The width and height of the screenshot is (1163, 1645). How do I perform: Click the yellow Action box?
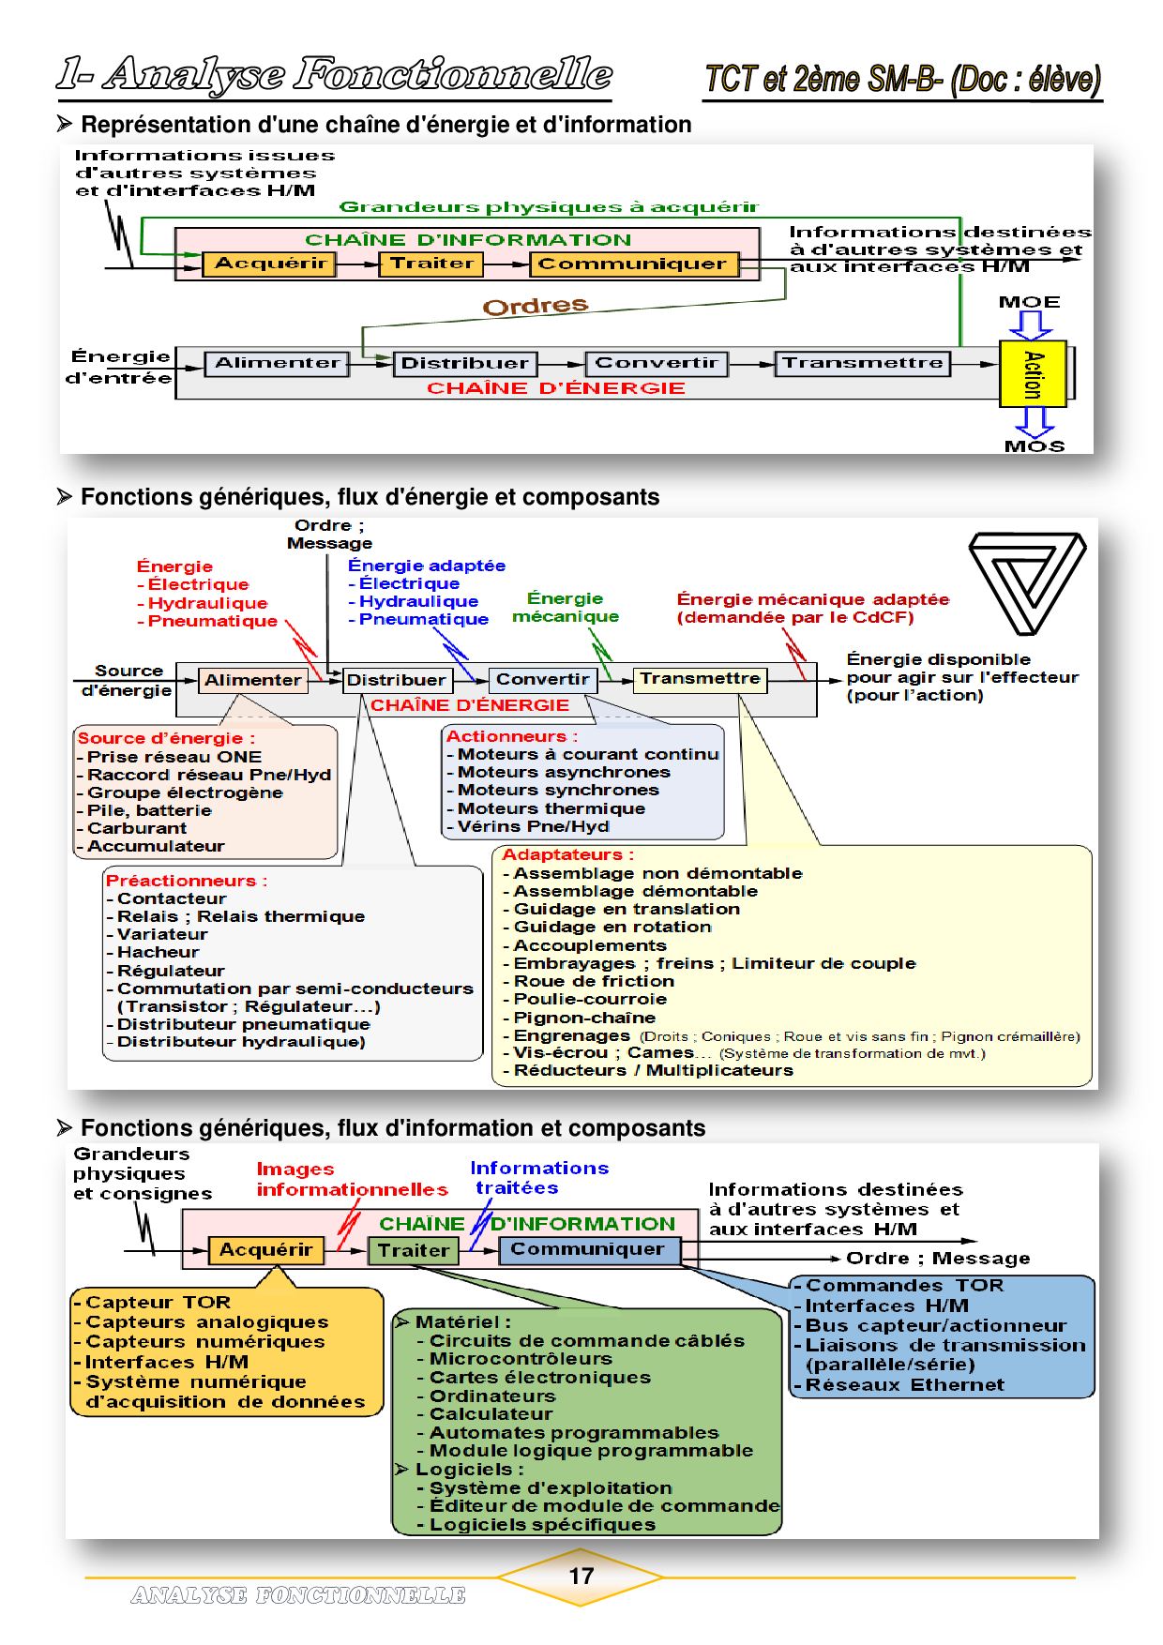[1033, 373]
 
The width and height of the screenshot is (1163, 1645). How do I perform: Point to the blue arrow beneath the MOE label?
[1030, 325]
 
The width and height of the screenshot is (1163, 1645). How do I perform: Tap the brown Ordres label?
[536, 306]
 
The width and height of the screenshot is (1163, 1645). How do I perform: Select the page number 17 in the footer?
[581, 1577]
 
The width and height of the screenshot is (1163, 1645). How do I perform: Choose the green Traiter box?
[413, 1250]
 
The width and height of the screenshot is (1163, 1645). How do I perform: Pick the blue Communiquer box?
[587, 1249]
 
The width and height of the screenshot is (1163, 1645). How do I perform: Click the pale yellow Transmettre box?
[700, 679]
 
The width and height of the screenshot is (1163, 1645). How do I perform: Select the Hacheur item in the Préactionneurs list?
[158, 952]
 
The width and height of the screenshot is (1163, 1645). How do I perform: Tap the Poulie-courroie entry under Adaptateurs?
[590, 999]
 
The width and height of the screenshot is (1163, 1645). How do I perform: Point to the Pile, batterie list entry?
[149, 810]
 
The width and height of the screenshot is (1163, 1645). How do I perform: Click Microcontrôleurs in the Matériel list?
[521, 1359]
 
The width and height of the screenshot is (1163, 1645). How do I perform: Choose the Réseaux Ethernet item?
[904, 1385]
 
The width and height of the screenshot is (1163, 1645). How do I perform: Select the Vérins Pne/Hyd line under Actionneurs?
[533, 826]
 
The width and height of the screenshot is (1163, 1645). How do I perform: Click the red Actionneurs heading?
[512, 736]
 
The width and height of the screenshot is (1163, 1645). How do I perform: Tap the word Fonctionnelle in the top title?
[453, 75]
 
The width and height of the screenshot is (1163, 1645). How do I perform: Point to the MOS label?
[1035, 446]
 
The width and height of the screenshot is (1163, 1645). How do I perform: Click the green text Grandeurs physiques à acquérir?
[549, 207]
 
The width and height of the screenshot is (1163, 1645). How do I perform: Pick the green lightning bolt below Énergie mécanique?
[601, 647]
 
